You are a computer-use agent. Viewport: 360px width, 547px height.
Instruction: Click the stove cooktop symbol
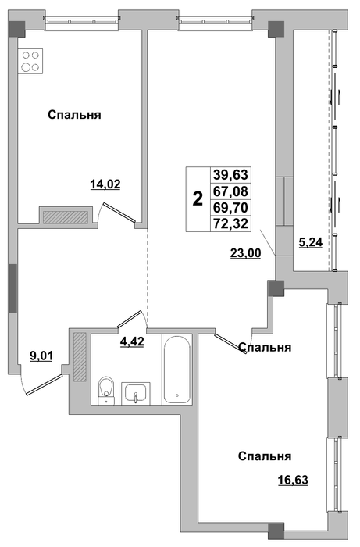31,62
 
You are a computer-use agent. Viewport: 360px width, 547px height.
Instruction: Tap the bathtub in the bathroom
176,369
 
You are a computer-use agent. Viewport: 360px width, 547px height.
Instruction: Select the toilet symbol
106,390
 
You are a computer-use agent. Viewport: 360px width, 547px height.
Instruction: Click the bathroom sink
136,393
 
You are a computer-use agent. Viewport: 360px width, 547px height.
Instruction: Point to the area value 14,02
105,184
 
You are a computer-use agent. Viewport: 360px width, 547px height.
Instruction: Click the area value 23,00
245,253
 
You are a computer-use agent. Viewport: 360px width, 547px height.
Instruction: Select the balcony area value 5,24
311,241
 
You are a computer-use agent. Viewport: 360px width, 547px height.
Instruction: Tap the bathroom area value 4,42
132,342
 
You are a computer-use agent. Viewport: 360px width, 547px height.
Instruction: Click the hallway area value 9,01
41,356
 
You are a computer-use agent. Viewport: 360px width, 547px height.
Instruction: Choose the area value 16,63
293,481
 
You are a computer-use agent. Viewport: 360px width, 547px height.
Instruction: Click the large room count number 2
198,199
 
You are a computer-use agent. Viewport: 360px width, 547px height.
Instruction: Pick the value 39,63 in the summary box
230,173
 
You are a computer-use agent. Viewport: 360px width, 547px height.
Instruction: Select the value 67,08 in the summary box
230,191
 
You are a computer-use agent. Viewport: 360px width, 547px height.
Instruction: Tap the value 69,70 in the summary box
230,208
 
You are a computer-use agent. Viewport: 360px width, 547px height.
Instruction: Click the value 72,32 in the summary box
230,223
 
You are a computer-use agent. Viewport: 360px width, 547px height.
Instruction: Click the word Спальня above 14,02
74,115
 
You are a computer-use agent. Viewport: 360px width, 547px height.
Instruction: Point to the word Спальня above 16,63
265,456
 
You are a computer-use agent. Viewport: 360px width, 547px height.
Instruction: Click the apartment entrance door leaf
45,384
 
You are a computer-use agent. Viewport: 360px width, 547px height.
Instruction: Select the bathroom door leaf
129,319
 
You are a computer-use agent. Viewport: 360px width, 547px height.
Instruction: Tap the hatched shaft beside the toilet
80,356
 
